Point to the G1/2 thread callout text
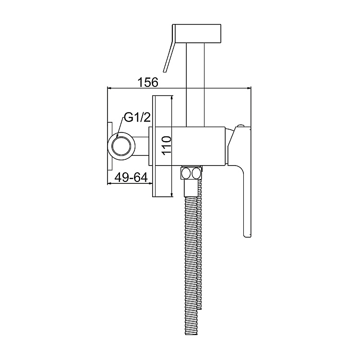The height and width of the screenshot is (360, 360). point(137,118)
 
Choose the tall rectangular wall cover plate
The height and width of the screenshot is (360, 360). point(162,146)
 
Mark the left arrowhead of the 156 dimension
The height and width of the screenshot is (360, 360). point(108,88)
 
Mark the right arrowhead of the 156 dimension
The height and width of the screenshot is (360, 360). point(249,88)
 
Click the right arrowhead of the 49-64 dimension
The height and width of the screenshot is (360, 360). point(150,184)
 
